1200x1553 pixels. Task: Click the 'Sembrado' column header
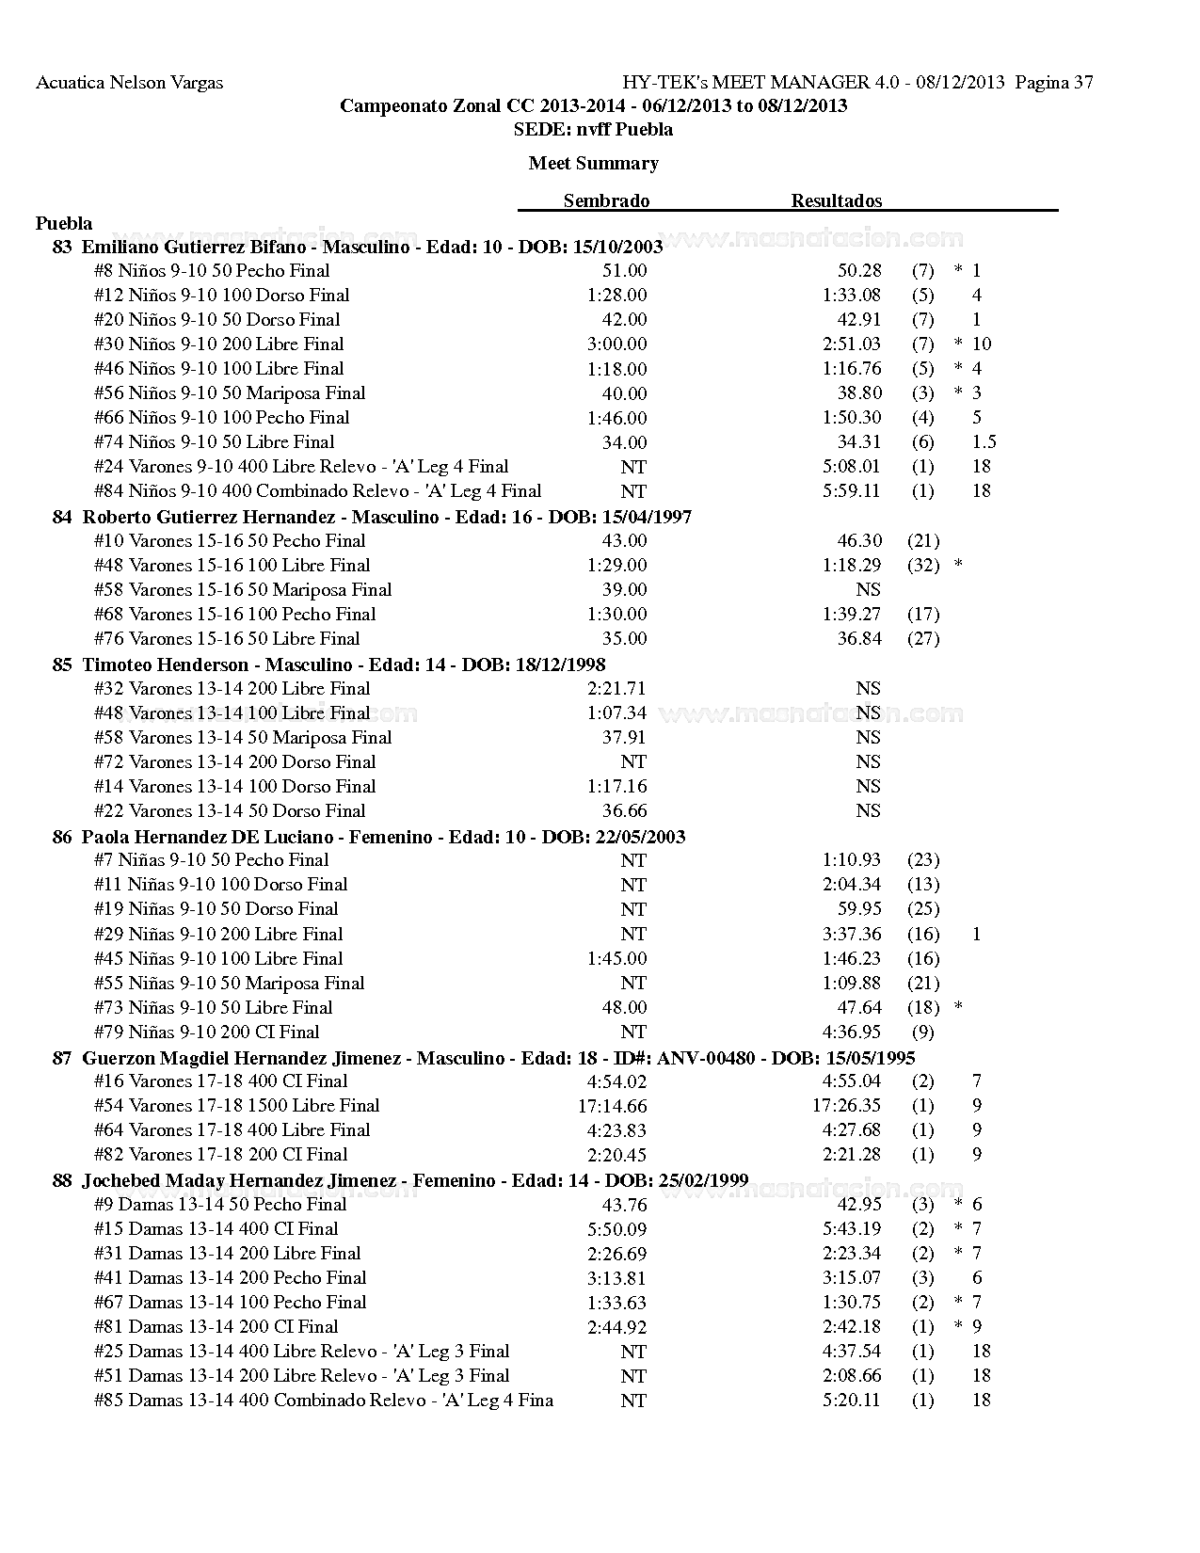pos(606,200)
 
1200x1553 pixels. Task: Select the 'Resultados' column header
pos(836,200)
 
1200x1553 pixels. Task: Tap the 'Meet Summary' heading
pos(593,163)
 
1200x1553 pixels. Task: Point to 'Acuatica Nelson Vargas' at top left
pos(130,83)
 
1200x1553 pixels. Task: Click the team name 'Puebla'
pos(64,223)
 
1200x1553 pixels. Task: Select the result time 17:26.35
pos(846,1105)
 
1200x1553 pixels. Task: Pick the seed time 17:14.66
pos(612,1106)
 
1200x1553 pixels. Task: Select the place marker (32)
pos(923,565)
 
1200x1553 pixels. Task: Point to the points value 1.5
pos(984,441)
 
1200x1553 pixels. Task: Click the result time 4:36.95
pos(852,1032)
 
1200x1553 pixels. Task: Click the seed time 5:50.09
pos(616,1228)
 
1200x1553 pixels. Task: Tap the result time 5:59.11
pos(852,490)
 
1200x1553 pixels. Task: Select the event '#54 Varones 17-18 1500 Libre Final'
pos(236,1105)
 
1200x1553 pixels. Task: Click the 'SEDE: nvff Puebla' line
pos(593,129)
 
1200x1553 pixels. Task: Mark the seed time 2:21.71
pos(616,688)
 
